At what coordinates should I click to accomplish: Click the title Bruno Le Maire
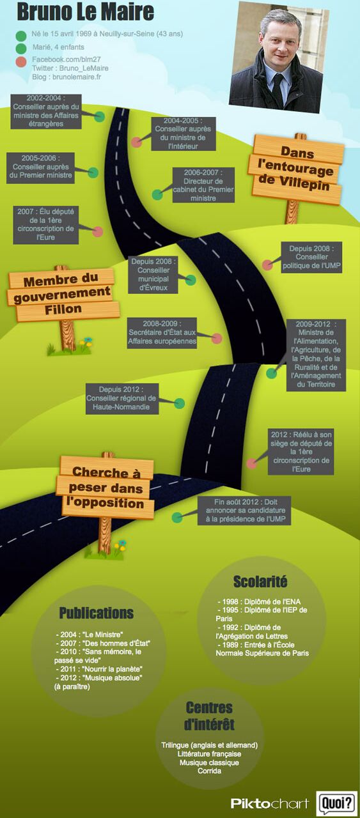pyautogui.click(x=85, y=12)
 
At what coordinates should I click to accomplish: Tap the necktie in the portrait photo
pyautogui.click(x=278, y=88)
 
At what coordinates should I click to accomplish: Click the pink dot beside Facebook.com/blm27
pyautogui.click(x=21, y=61)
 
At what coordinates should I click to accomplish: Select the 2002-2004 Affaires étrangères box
pyautogui.click(x=45, y=111)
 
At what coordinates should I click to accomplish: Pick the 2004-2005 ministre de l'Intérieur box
pyautogui.click(x=183, y=134)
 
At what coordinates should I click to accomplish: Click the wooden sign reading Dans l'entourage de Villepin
pyautogui.click(x=296, y=169)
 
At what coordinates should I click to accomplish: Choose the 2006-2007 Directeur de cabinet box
pyautogui.click(x=203, y=185)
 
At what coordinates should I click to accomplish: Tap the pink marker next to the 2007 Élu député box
pyautogui.click(x=98, y=231)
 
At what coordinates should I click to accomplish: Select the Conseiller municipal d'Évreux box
pyautogui.click(x=153, y=275)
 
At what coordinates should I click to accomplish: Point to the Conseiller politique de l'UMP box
pyautogui.click(x=311, y=257)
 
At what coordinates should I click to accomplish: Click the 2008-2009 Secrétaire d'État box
pyautogui.click(x=162, y=333)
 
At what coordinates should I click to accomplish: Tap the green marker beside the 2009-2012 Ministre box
pyautogui.click(x=271, y=373)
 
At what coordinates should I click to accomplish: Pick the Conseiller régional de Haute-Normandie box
pyautogui.click(x=121, y=398)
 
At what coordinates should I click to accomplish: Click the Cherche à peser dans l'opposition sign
pyautogui.click(x=106, y=488)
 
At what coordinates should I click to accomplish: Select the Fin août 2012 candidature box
pyautogui.click(x=244, y=511)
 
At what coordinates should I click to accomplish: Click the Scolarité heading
pyautogui.click(x=260, y=582)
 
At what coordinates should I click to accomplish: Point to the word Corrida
pyautogui.click(x=210, y=771)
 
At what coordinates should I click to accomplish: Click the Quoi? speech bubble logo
pyautogui.click(x=336, y=803)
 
